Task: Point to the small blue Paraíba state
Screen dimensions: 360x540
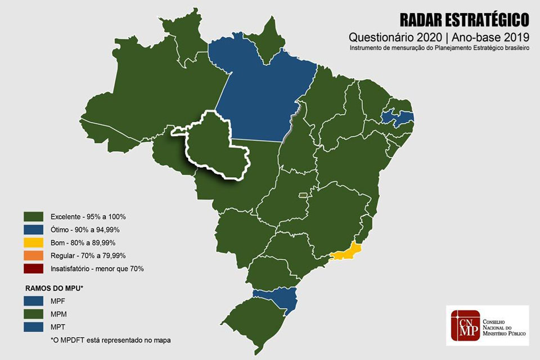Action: click(397, 118)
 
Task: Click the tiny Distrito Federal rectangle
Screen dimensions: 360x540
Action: click(303, 195)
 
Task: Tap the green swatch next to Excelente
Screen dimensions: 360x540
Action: click(34, 217)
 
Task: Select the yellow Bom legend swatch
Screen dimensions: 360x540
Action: click(34, 242)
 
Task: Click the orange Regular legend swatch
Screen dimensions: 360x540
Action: click(34, 255)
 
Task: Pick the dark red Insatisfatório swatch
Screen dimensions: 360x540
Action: click(34, 268)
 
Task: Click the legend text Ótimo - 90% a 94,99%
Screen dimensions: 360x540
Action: click(85, 229)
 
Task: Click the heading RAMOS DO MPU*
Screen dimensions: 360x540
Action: click(53, 287)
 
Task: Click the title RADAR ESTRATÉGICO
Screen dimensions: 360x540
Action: click(464, 20)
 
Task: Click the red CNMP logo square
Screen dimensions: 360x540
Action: click(464, 326)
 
